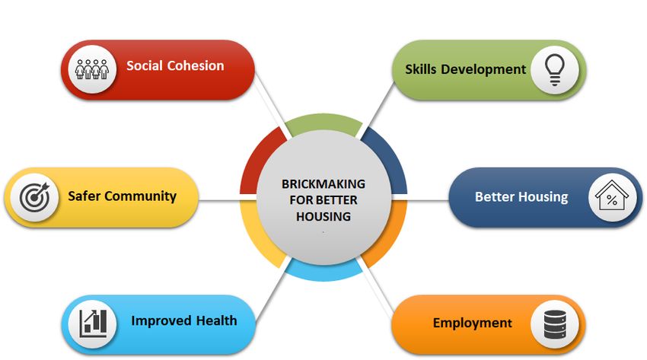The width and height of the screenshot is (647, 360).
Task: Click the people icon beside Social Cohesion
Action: point(91,68)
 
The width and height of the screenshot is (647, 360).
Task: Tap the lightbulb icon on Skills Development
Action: point(555,70)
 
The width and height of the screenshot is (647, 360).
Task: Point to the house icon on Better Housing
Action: point(612,196)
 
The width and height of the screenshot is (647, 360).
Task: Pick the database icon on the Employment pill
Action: point(555,324)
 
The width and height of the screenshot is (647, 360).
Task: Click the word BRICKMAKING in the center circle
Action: point(323,184)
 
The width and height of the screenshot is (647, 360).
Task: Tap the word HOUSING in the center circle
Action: point(323,216)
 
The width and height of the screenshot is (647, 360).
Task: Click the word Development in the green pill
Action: point(483,69)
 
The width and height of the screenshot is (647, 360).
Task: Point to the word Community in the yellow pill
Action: point(140,196)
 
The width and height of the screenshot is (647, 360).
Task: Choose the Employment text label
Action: point(473,323)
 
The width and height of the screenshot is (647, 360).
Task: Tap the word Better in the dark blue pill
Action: point(493,196)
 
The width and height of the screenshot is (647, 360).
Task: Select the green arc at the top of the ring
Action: point(323,122)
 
